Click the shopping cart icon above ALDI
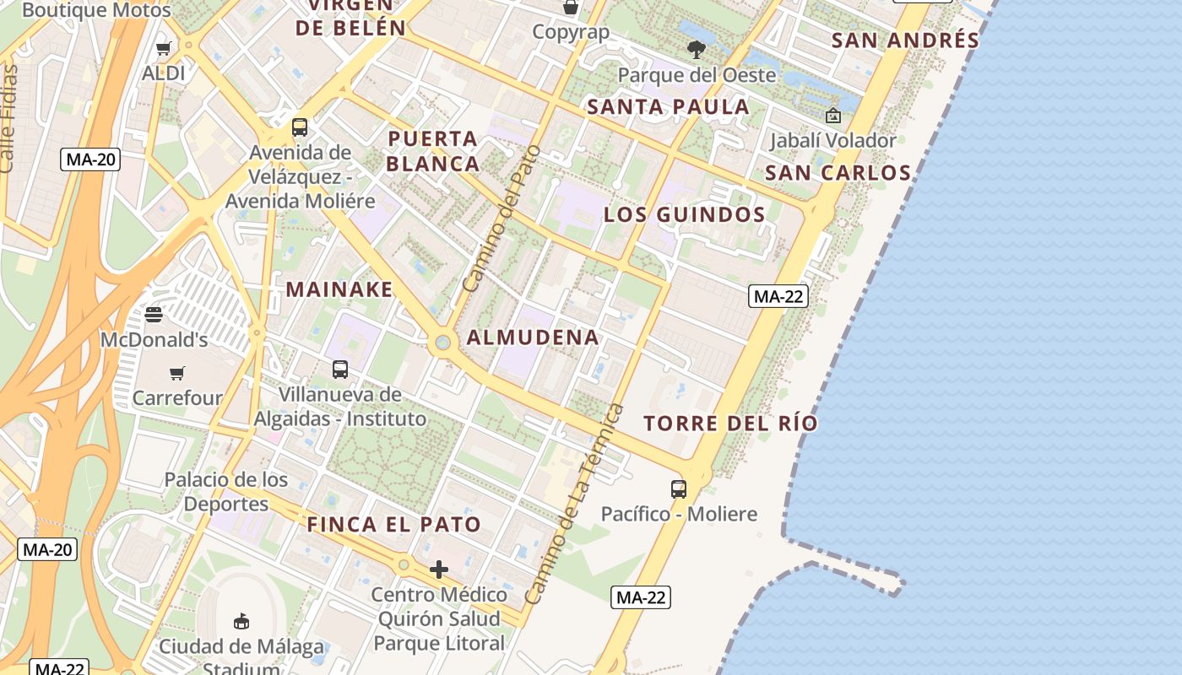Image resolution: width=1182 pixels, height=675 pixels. (x=164, y=49)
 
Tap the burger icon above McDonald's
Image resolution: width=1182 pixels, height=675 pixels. (x=153, y=315)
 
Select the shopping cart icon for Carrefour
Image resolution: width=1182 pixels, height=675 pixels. (x=177, y=373)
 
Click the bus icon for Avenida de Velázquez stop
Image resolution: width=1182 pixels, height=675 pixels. (x=300, y=127)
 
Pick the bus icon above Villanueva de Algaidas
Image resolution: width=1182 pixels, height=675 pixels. (x=340, y=369)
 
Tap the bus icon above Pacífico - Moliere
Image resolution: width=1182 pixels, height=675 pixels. (x=679, y=489)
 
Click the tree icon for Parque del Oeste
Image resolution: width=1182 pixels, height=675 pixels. (x=697, y=50)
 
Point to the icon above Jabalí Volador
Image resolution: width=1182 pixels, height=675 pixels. (x=833, y=116)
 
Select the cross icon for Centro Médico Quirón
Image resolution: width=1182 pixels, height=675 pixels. (x=439, y=570)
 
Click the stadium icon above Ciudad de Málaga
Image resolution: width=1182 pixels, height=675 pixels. (x=241, y=622)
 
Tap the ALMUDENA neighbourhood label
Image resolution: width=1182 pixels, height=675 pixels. (x=533, y=337)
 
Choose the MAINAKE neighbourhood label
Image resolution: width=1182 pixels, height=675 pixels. (x=339, y=289)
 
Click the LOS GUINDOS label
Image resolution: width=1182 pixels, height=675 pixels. (x=684, y=214)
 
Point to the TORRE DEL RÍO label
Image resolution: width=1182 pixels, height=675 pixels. (x=731, y=423)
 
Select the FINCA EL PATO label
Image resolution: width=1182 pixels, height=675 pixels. (x=393, y=524)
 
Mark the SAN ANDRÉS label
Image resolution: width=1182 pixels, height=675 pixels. (x=905, y=40)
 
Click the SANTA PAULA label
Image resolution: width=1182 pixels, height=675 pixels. (x=668, y=106)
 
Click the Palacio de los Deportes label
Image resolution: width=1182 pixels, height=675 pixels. (x=226, y=492)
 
